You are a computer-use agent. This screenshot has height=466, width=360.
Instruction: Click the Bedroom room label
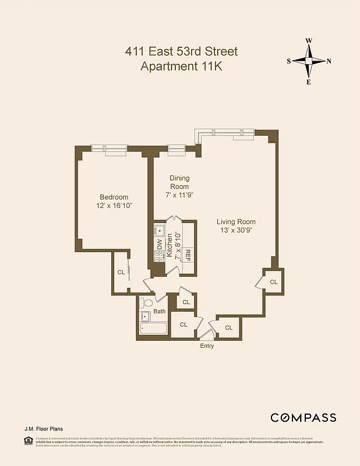pos(114,197)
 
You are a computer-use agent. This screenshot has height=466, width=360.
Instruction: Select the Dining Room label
pos(179,182)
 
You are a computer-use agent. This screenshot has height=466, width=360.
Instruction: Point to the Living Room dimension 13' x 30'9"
pos(236,230)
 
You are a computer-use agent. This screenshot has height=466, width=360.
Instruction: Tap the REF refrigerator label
pos(188,254)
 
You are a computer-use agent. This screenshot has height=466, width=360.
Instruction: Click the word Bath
pos(160,312)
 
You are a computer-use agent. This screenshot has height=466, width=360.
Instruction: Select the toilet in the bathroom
pos(146,303)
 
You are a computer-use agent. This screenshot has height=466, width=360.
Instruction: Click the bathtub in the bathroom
pos(153,329)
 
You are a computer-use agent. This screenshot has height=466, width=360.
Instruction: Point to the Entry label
pos(207,346)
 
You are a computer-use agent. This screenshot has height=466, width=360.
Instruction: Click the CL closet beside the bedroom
pos(121,272)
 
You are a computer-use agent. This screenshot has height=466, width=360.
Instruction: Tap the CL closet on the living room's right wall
pos(273,282)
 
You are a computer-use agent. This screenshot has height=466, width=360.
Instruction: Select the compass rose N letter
pos(329,61)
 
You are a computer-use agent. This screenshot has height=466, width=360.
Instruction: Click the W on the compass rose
pos(309,41)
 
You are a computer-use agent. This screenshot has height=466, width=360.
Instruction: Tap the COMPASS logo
pos(303,417)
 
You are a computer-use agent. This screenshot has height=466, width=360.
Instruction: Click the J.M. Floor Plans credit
pos(44,429)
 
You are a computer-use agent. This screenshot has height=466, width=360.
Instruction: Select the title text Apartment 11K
pos(181,66)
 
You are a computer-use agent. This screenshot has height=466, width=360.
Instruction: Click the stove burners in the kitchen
pos(160,259)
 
